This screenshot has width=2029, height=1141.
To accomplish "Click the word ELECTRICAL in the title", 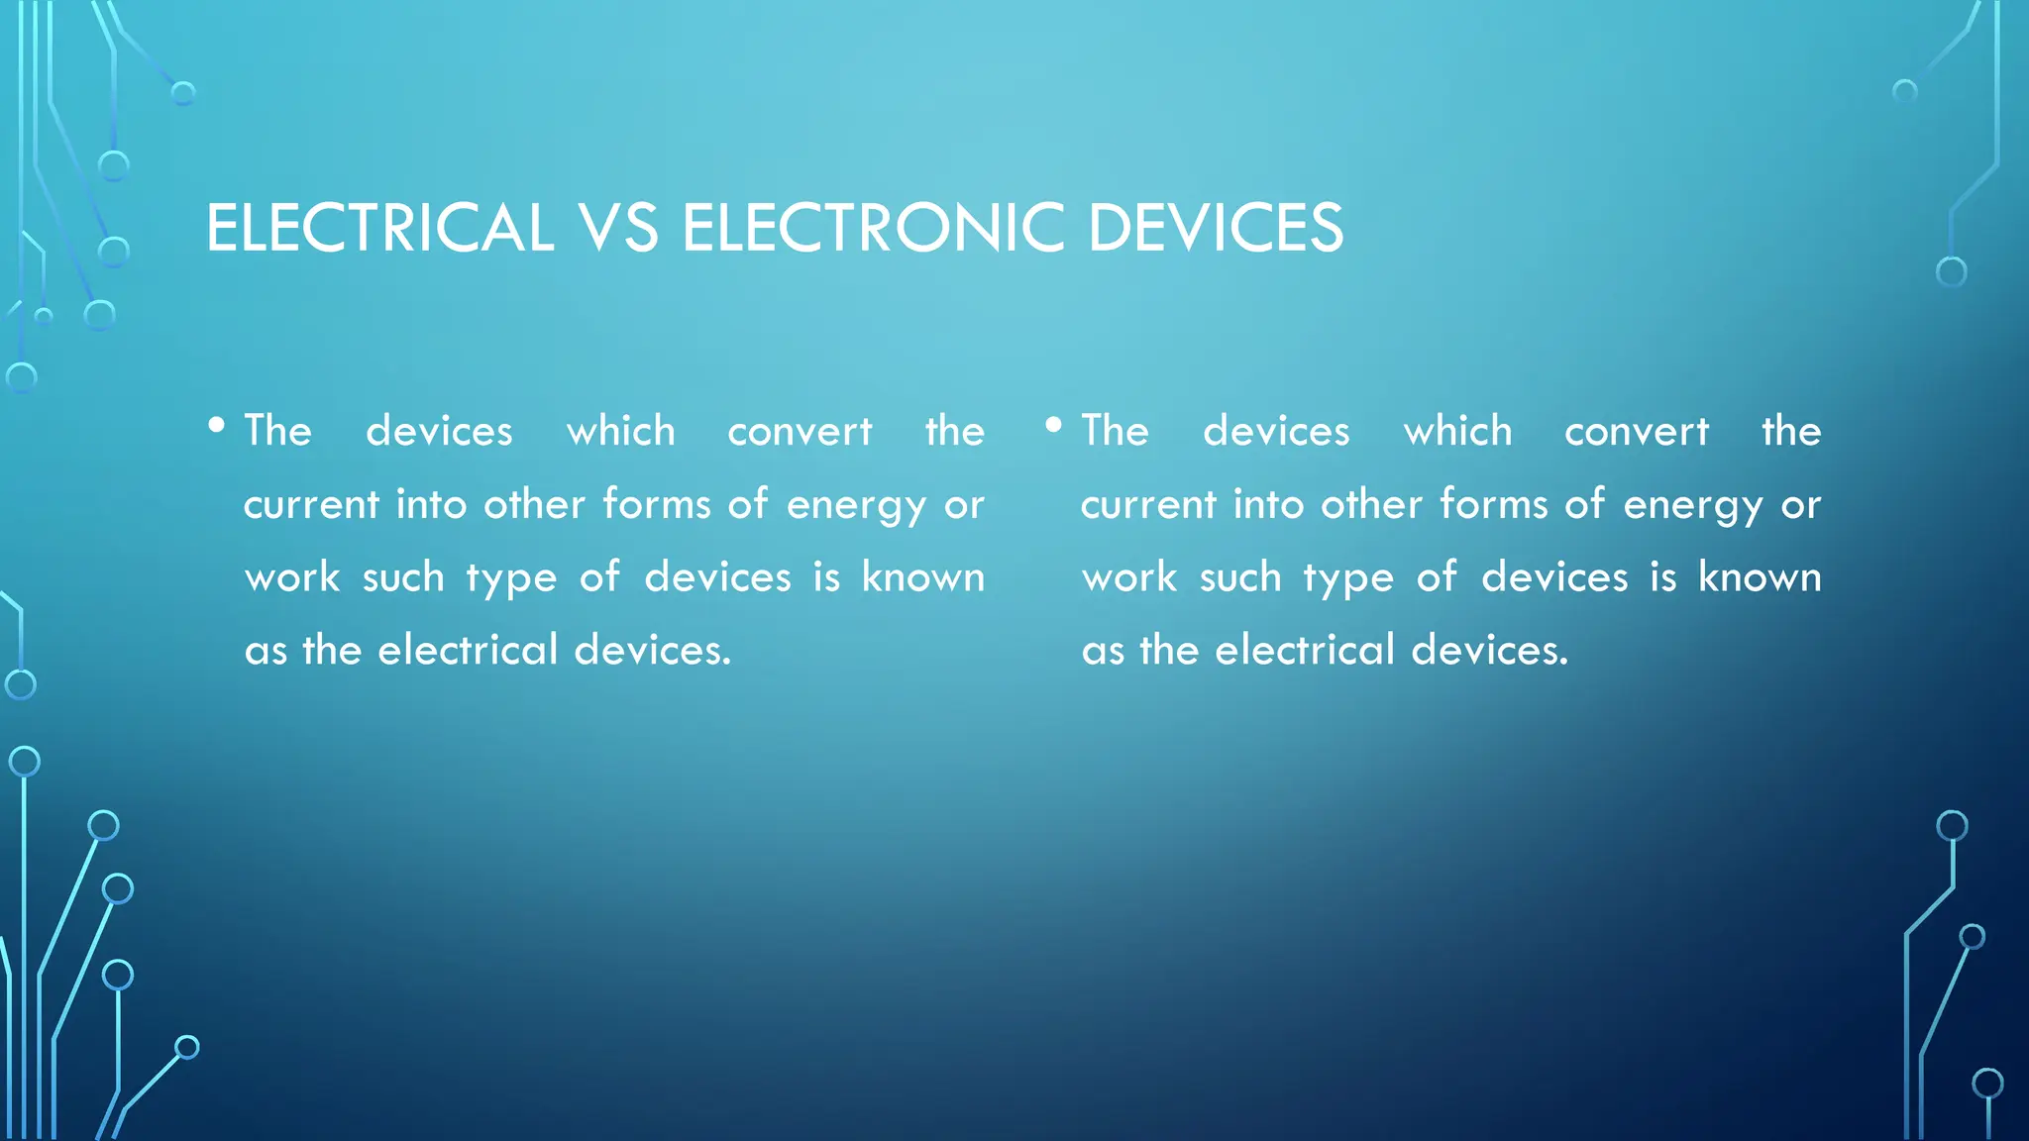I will tap(379, 228).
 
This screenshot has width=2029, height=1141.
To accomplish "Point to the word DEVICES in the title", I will tap(1216, 228).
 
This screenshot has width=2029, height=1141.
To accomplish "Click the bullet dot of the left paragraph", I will tap(217, 426).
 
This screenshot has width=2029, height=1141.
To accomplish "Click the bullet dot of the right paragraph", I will tap(1054, 426).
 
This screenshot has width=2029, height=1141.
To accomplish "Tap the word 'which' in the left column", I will tap(621, 431).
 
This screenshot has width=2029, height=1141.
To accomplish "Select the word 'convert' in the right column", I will tap(1637, 432).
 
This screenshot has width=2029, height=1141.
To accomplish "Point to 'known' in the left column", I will tap(923, 576).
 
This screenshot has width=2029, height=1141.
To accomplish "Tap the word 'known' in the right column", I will tap(1761, 576).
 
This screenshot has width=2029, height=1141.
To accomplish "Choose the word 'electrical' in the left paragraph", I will tap(469, 650).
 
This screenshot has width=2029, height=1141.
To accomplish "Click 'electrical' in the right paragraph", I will tap(1306, 650).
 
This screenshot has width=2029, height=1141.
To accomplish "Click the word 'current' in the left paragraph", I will tap(311, 505).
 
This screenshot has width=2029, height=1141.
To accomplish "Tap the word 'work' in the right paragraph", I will tap(1129, 577).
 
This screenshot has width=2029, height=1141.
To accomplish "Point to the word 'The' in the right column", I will tap(1116, 431).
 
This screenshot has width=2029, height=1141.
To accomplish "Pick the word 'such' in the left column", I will tap(403, 576).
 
